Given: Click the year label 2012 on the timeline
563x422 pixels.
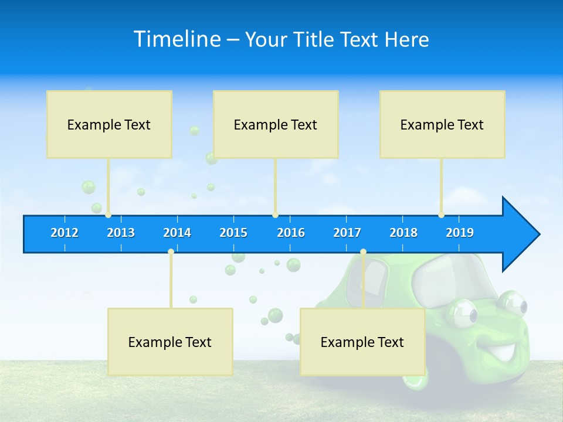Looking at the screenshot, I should click(65, 233).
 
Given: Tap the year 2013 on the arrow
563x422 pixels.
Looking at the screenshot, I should click(121, 233).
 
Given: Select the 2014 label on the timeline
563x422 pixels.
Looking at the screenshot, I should click(177, 233).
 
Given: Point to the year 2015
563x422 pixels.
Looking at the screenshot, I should click(233, 233).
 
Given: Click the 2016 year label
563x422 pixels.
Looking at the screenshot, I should click(291, 233).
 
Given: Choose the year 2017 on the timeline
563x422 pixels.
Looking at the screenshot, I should click(347, 233).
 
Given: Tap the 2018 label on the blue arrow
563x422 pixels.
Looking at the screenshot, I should click(403, 233).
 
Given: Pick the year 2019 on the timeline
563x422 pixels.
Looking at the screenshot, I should click(460, 233).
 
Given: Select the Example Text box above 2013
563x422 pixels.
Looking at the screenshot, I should click(109, 124).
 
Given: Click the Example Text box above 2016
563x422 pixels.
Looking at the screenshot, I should click(276, 124).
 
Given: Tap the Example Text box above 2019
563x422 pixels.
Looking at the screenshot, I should click(442, 124).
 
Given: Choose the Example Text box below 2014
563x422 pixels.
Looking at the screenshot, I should click(170, 342).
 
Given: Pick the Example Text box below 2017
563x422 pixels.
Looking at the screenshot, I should click(362, 342).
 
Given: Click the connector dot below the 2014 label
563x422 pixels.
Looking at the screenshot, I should click(171, 252).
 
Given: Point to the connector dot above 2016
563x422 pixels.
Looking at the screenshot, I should click(276, 215).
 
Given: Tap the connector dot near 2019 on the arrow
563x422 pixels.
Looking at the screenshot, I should click(441, 215).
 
